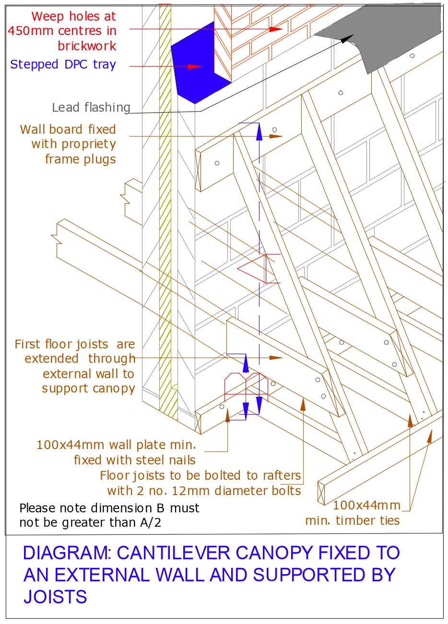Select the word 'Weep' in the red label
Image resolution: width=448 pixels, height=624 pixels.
pyautogui.click(x=48, y=16)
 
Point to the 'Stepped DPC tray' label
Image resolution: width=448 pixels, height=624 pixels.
pyautogui.click(x=63, y=65)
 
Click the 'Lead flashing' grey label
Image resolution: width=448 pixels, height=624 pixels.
pyautogui.click(x=91, y=108)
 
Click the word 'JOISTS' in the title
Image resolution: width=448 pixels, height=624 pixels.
pyautogui.click(x=55, y=597)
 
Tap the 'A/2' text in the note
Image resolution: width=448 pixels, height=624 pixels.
pyautogui.click(x=150, y=522)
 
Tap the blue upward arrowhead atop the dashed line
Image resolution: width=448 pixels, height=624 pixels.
pyautogui.click(x=259, y=131)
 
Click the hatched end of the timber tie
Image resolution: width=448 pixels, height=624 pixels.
pyautogui.click(x=322, y=493)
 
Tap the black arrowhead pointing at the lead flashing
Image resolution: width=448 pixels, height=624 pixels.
pyautogui.click(x=349, y=39)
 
